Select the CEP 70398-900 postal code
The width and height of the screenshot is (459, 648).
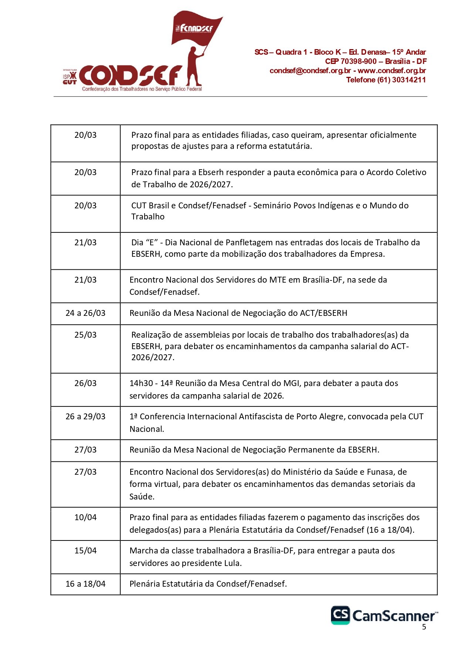tap(351, 61)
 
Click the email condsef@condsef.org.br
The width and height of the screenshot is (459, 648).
tap(310, 71)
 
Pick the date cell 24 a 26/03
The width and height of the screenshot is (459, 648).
tap(85, 313)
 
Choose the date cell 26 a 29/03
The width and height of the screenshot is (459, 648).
tap(85, 417)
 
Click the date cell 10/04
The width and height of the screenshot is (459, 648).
tap(85, 518)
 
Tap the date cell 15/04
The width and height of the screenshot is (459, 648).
tap(85, 551)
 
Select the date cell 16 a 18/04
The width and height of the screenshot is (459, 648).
tap(85, 584)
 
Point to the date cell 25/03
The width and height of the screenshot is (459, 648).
tap(85, 335)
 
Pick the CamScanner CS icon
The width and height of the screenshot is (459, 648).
tap(340, 615)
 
